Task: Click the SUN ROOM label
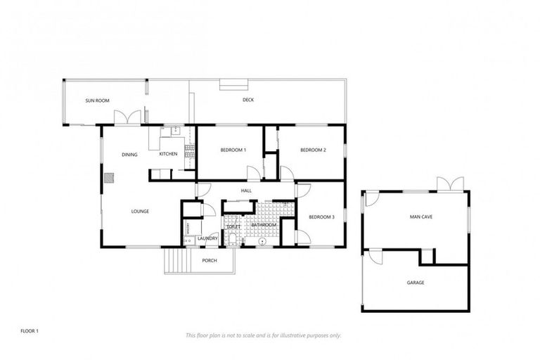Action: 98,101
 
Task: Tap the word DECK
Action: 248,100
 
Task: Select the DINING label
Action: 129,155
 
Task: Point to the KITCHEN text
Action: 168,154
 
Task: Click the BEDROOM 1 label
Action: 233,150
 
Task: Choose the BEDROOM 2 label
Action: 313,150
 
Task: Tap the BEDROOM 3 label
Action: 321,217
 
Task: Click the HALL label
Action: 246,191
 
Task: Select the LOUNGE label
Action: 139,211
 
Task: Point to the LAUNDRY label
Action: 207,238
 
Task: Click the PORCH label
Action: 210,261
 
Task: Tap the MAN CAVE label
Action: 421,217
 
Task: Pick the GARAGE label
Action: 416,283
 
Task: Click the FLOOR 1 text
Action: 29,330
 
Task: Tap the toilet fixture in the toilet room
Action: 233,240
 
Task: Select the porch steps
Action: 178,262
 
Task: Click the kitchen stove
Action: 188,148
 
